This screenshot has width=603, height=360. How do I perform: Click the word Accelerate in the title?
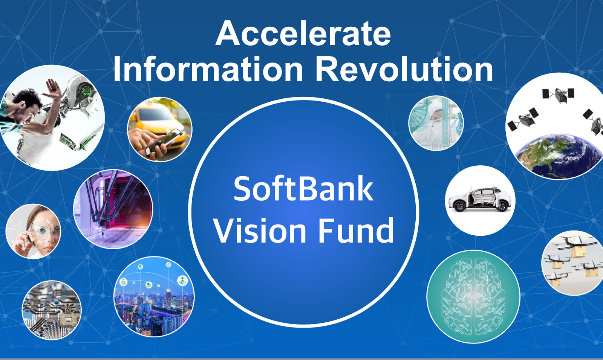(303, 34)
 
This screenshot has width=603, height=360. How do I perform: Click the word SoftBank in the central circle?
(303, 188)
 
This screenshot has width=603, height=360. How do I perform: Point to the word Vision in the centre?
(260, 230)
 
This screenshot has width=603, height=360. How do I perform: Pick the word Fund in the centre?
(356, 230)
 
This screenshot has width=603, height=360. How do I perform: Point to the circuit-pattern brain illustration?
(473, 296)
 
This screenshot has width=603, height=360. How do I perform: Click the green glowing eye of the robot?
(87, 90)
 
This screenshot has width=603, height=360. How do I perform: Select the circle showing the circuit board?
(51, 310)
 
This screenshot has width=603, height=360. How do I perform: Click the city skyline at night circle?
(154, 296)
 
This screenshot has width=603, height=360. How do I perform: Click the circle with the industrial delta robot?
(113, 209)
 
